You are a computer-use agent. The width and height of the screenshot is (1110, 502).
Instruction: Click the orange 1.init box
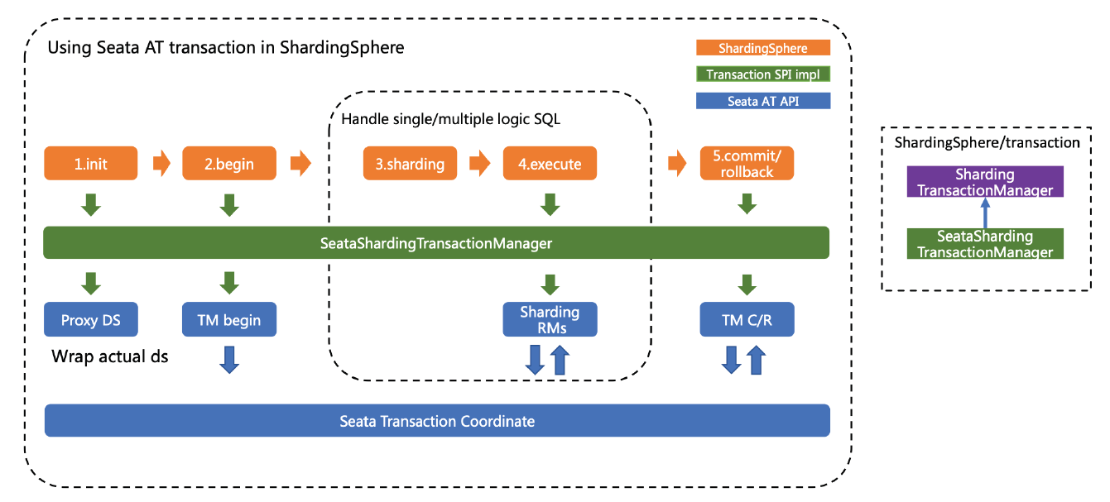pyautogui.click(x=91, y=164)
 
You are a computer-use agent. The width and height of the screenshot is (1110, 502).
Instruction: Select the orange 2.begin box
pyautogui.click(x=229, y=164)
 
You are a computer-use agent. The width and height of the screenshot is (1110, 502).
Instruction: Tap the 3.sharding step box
pyautogui.click(x=410, y=164)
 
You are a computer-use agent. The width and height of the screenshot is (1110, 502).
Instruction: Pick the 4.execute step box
pyautogui.click(x=550, y=164)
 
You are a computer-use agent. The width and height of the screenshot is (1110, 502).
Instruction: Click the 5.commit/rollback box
pyautogui.click(x=747, y=164)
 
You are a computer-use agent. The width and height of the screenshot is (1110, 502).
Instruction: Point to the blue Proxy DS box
pyautogui.click(x=91, y=320)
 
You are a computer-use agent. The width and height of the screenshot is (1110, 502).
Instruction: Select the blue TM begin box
pyautogui.click(x=229, y=320)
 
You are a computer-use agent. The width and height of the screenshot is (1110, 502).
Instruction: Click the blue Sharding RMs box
pyautogui.click(x=550, y=320)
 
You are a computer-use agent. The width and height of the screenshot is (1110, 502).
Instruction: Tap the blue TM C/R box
pyautogui.click(x=747, y=320)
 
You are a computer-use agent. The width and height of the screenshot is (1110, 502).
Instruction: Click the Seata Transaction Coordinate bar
pyautogui.click(x=437, y=421)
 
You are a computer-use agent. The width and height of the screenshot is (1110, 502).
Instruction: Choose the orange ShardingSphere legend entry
pyautogui.click(x=762, y=48)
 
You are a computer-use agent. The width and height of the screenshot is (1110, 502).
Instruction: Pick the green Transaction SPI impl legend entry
pyautogui.click(x=762, y=74)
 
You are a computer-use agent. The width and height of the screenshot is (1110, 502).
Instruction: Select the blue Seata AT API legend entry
pyautogui.click(x=762, y=102)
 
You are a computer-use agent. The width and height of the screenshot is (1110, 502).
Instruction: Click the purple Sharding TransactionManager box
pyautogui.click(x=984, y=182)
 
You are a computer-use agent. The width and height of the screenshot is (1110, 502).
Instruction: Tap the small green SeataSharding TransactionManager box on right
pyautogui.click(x=984, y=244)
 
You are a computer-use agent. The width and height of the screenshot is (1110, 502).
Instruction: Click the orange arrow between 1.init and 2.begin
pyautogui.click(x=161, y=164)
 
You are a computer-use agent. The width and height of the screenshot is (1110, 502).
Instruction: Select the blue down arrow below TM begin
pyautogui.click(x=229, y=359)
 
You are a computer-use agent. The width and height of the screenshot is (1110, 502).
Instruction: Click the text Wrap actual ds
pyautogui.click(x=109, y=357)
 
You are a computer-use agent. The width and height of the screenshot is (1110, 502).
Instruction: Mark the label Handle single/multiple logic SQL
pyautogui.click(x=450, y=119)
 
